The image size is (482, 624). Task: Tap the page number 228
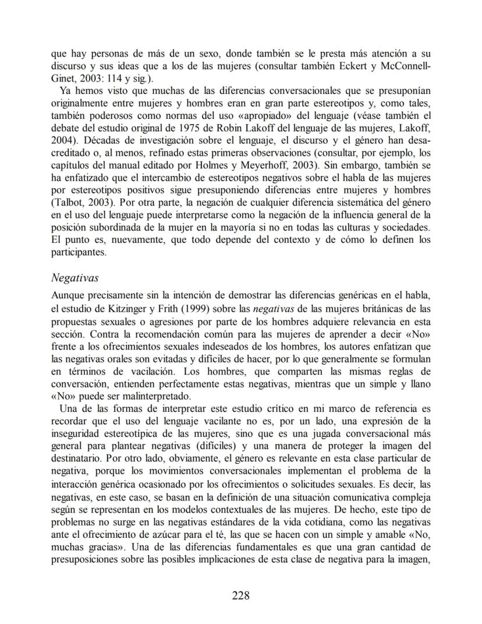coord(240,595)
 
